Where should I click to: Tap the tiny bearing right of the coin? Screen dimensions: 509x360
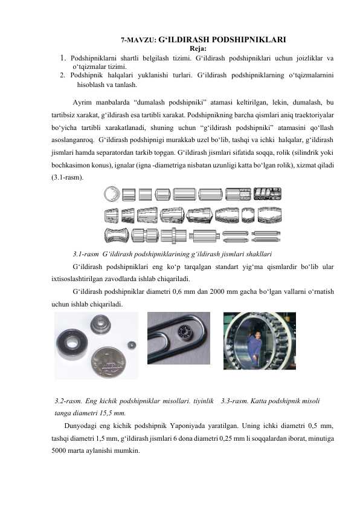(x=131, y=345)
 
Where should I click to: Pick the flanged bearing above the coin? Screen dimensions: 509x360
(x=100, y=326)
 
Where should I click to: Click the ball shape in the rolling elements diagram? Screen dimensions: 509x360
(x=111, y=194)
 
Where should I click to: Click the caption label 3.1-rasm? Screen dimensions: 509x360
(x=85, y=253)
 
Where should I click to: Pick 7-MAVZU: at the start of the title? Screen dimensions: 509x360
(x=138, y=42)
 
